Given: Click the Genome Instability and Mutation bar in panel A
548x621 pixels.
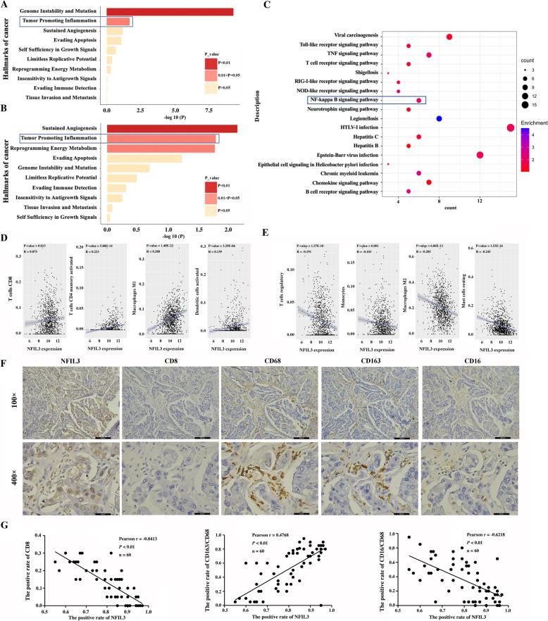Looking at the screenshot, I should pos(169,12).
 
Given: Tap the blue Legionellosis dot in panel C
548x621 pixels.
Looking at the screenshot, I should pos(439,119).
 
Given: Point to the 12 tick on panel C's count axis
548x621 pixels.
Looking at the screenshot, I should pos(480,200).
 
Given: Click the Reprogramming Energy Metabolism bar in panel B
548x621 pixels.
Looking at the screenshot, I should pos(160,148).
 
